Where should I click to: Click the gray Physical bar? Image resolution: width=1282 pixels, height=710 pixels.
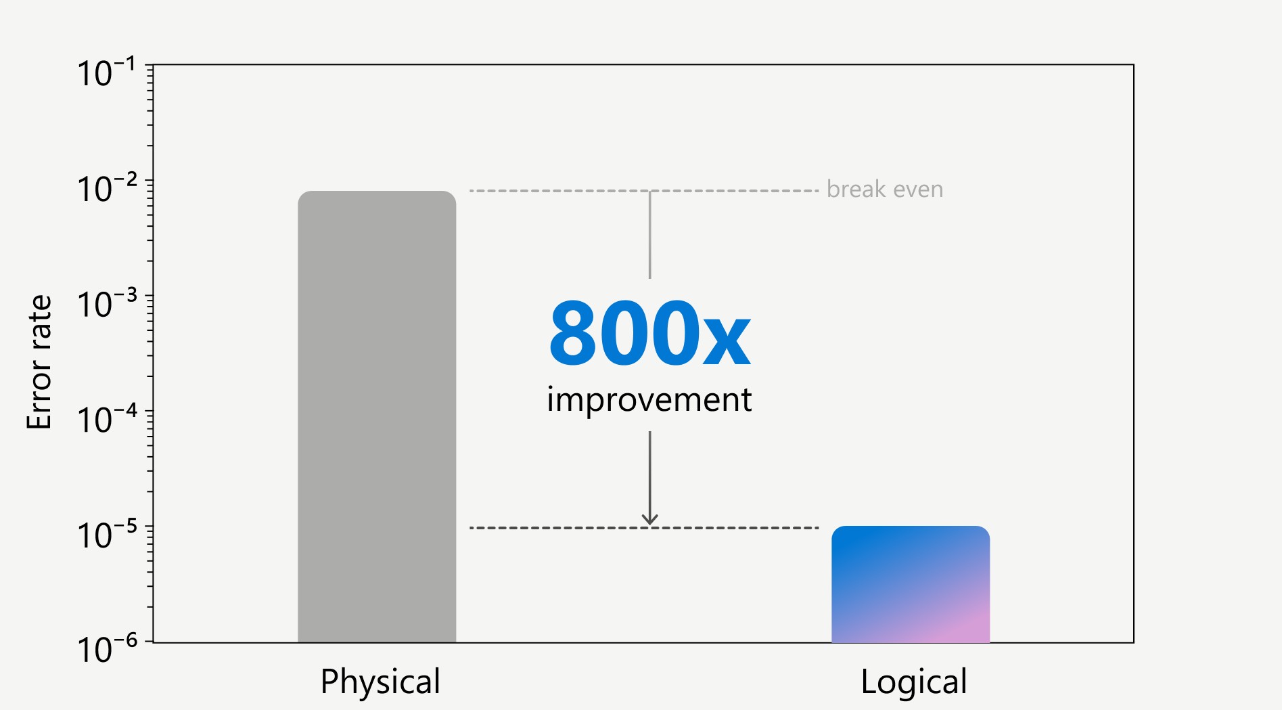[377, 416]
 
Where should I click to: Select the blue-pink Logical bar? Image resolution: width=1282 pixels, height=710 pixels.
[911, 584]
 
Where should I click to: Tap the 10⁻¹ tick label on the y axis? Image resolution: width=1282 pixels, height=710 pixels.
[107, 72]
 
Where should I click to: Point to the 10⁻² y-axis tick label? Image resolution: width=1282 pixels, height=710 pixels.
[107, 188]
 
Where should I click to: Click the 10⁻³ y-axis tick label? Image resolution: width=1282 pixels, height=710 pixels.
[107, 303]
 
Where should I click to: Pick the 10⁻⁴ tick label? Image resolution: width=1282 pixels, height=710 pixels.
[107, 419]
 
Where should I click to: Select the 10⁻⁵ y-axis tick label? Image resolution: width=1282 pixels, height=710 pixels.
[107, 534]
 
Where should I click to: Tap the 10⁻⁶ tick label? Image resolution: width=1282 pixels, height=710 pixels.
[107, 649]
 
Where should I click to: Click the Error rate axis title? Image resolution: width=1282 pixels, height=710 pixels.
[39, 362]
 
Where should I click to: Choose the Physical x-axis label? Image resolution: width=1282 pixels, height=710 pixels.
[380, 682]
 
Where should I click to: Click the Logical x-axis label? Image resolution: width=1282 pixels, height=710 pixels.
[914, 682]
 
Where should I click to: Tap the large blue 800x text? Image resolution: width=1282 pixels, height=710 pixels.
[649, 333]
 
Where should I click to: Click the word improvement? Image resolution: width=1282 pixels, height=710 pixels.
[649, 400]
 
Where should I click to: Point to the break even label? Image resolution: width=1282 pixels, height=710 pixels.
[885, 190]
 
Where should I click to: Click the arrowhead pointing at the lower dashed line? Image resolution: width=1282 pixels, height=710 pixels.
[650, 519]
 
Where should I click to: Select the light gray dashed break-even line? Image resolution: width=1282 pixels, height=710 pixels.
[644, 191]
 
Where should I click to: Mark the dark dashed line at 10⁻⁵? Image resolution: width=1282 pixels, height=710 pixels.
[644, 528]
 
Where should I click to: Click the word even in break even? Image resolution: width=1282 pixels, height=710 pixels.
[918, 191]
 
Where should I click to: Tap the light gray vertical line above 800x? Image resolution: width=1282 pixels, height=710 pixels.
[650, 235]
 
